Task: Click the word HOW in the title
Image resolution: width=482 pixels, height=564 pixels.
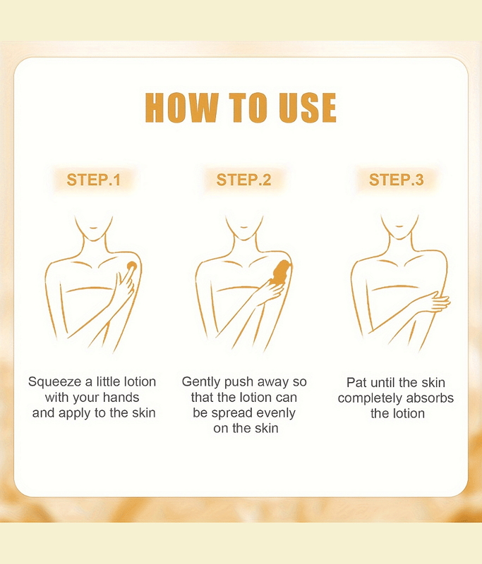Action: [x=182, y=108]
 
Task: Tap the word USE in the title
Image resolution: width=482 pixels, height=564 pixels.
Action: [x=308, y=108]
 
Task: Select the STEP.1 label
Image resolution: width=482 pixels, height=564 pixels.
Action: [x=94, y=180]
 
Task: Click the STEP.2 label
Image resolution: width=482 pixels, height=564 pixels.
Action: [x=243, y=180]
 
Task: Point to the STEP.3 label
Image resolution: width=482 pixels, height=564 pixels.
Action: [x=397, y=180]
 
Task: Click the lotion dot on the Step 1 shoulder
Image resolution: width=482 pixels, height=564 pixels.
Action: [x=132, y=266]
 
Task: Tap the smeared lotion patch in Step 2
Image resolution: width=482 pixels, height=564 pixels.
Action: [x=282, y=272]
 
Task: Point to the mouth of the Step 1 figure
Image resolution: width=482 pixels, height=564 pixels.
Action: [x=93, y=228]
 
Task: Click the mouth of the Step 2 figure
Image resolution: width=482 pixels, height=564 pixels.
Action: [x=243, y=227]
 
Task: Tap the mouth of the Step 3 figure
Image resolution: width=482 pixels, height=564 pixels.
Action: [x=399, y=226]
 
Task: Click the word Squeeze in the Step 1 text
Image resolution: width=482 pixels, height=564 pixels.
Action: [x=55, y=382]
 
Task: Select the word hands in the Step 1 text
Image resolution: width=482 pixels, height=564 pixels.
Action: [x=121, y=398]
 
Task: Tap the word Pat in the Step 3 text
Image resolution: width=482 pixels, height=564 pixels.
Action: [x=356, y=382]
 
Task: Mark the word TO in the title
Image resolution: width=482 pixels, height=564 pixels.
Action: [x=248, y=108]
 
